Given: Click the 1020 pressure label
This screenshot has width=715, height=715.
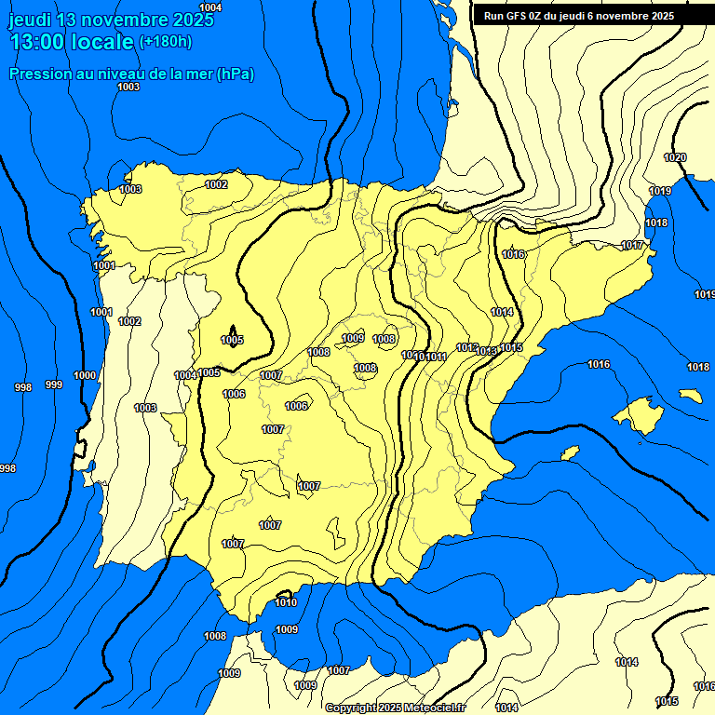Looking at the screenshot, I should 675,157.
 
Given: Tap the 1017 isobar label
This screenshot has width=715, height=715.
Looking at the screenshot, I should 632,245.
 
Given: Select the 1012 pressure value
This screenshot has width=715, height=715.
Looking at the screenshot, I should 466,347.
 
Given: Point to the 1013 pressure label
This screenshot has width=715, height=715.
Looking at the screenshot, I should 486,351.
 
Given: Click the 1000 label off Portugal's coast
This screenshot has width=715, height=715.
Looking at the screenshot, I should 85,375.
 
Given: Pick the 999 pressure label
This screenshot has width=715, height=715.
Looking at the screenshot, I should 54,384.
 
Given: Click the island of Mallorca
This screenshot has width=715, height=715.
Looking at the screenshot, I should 641,415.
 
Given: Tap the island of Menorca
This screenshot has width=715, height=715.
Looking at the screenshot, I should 690,396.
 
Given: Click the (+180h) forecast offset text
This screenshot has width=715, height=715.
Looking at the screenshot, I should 166,41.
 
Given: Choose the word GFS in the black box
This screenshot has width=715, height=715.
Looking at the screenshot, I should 510,16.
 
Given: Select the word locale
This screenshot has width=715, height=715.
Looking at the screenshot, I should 104,41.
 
